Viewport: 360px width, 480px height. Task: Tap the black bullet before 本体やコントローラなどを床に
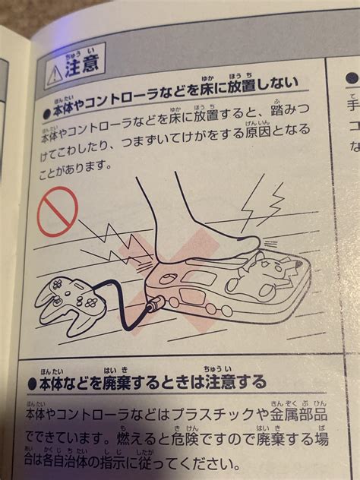tap(46, 108)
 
